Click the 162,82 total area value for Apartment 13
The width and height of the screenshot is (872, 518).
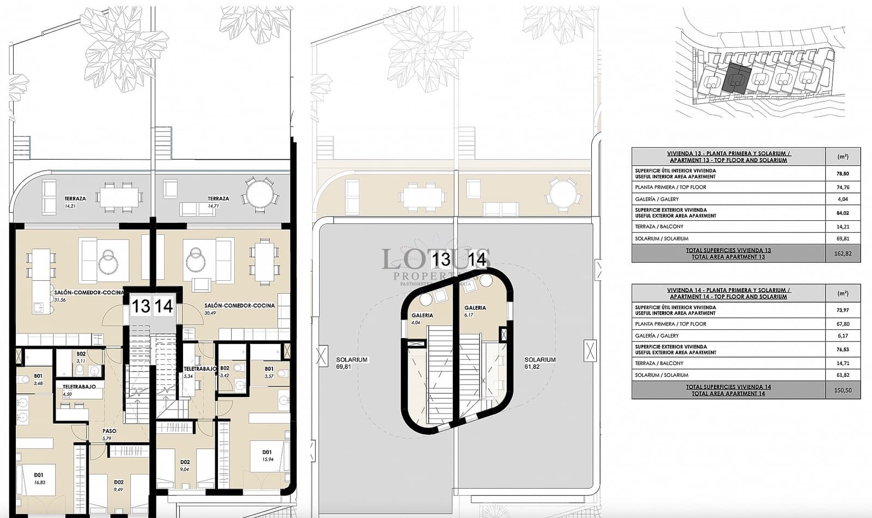pos(843,254)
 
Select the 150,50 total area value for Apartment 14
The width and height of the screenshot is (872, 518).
pos(843,390)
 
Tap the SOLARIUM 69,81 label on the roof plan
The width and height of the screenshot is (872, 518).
pos(352,363)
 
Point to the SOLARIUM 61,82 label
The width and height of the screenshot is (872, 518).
pos(540,363)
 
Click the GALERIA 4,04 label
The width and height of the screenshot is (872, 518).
pos(422,318)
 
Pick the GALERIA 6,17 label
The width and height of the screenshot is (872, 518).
pos(475,311)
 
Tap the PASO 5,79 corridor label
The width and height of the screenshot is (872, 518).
pos(109,434)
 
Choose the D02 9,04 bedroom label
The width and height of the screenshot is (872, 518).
pos(185,465)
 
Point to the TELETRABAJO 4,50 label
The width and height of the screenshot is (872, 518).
pos(79,390)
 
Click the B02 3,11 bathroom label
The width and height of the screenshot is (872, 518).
pos(81,357)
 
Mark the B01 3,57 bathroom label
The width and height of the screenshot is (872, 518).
pos(269,372)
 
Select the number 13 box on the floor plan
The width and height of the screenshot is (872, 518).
pos(141,306)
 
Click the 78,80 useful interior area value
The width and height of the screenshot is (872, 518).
pos(843,173)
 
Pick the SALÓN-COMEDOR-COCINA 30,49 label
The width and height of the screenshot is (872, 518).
pos(239,309)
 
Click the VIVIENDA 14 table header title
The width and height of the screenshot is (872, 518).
pos(728,293)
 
